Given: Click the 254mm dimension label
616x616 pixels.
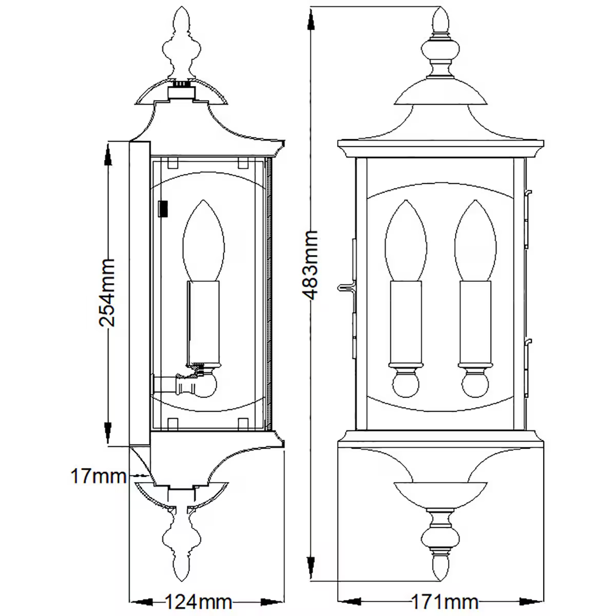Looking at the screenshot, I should coord(107,293).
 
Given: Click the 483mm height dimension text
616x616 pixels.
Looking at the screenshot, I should coord(310,265).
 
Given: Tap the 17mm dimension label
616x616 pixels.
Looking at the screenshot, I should coord(98,476).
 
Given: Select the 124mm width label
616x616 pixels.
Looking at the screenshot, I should coord(198,601).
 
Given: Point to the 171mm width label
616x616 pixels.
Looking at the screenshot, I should coord(445,601).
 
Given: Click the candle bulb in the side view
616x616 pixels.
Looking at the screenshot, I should coord(204,241).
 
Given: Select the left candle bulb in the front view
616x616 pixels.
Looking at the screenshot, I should coord(406,241).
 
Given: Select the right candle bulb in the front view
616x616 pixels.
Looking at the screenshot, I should coord(475,241).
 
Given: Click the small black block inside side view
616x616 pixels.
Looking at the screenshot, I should coord(164,208).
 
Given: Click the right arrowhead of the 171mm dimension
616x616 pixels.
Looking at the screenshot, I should coord(534,601).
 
